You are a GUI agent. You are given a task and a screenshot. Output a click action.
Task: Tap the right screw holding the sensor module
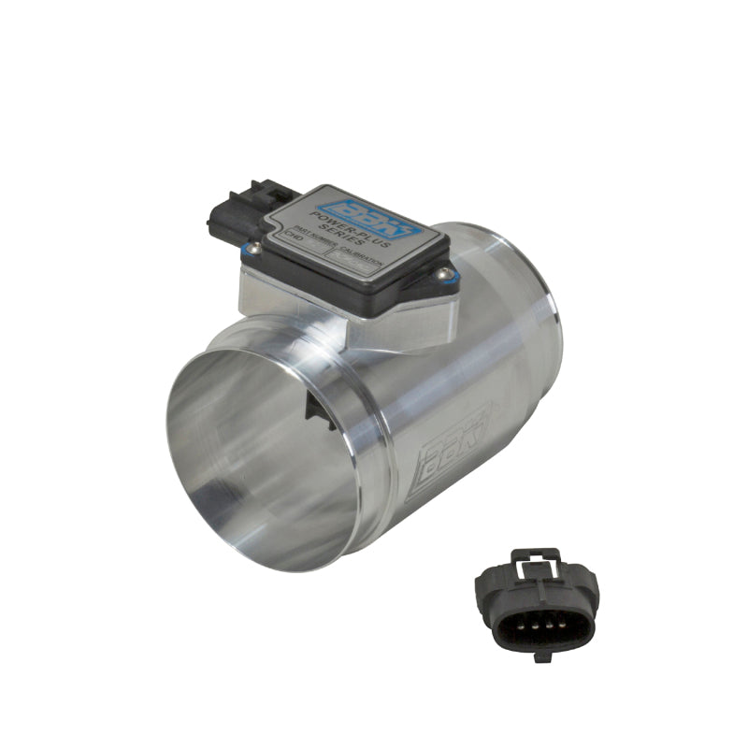[445, 274]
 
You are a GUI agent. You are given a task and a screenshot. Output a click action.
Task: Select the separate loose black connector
[537, 604]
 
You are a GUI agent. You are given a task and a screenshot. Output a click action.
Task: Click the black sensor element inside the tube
[320, 411]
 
